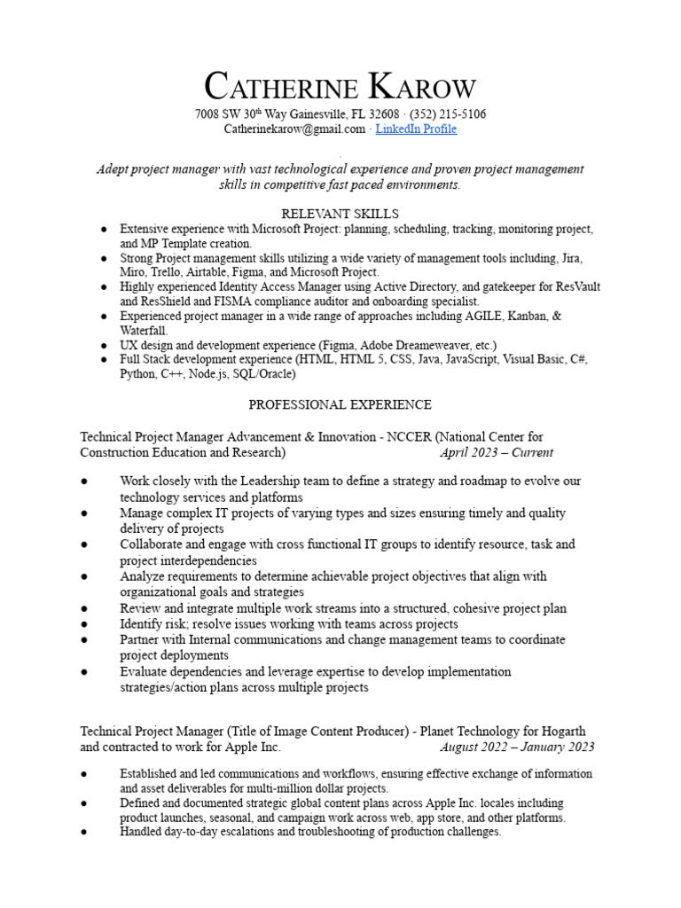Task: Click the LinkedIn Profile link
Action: click(416, 129)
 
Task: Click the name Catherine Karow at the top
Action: click(340, 88)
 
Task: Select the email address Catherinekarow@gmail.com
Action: click(294, 129)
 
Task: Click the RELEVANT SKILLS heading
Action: click(340, 214)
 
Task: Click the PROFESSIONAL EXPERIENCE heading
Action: click(340, 404)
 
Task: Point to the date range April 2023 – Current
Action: click(496, 452)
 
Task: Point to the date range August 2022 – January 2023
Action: click(517, 747)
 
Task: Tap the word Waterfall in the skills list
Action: click(144, 330)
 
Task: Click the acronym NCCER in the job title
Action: click(407, 437)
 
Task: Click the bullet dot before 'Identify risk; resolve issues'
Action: click(83, 624)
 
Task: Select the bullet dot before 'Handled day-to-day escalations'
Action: click(83, 833)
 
